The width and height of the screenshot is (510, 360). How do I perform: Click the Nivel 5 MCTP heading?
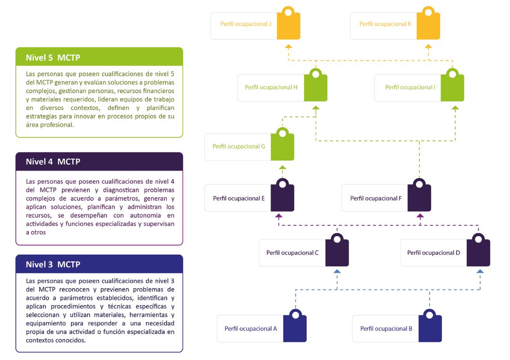53,58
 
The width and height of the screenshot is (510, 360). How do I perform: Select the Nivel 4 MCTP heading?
53,162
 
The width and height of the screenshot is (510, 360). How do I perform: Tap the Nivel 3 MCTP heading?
53,265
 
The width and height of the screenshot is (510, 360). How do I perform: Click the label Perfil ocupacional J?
246,24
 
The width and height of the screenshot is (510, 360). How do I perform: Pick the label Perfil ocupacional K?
385,24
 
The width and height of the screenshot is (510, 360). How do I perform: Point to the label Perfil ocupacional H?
271,87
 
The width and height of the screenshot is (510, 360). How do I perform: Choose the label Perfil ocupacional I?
410,87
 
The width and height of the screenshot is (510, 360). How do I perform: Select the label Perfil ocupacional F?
376,198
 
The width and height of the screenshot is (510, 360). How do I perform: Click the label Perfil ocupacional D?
433,253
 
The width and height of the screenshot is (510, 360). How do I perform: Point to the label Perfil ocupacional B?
386,328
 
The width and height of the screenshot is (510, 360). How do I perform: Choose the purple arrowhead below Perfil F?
420,216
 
